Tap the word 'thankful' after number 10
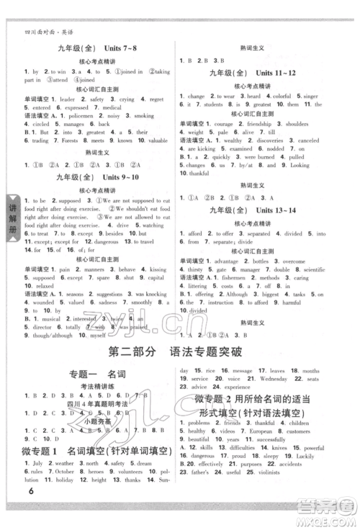[198, 174]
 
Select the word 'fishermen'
[237, 277]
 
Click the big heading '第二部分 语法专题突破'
[179, 354]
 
